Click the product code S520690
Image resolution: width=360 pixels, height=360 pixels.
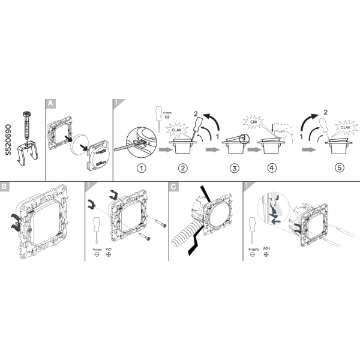pos(8,140)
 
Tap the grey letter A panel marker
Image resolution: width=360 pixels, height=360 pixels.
pos(50,104)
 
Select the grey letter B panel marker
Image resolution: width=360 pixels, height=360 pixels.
pos(5,187)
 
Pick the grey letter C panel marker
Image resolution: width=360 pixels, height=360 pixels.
pos(173,187)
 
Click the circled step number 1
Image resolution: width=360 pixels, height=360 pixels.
pos(142,168)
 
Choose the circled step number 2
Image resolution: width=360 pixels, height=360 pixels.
pos(183,168)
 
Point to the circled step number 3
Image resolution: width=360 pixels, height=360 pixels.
pos(234,168)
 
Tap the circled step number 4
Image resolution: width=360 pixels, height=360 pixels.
pos(272,168)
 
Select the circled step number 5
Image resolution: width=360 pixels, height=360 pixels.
pos(340,168)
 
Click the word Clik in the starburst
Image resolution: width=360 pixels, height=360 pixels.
pos(253,122)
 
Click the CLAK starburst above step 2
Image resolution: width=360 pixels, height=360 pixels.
pos(177,130)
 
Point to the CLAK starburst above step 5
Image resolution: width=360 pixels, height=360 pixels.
pos(346,127)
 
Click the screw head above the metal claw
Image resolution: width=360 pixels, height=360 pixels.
pos(27,113)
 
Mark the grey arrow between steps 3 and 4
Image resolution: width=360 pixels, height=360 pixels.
pos(254,149)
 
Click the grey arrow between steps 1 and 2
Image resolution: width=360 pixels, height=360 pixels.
pos(166,149)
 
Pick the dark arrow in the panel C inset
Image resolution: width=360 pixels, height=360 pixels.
pos(275,221)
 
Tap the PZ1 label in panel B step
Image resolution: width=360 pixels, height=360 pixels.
pos(109,249)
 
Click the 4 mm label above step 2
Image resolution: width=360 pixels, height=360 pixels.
pos(167,113)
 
